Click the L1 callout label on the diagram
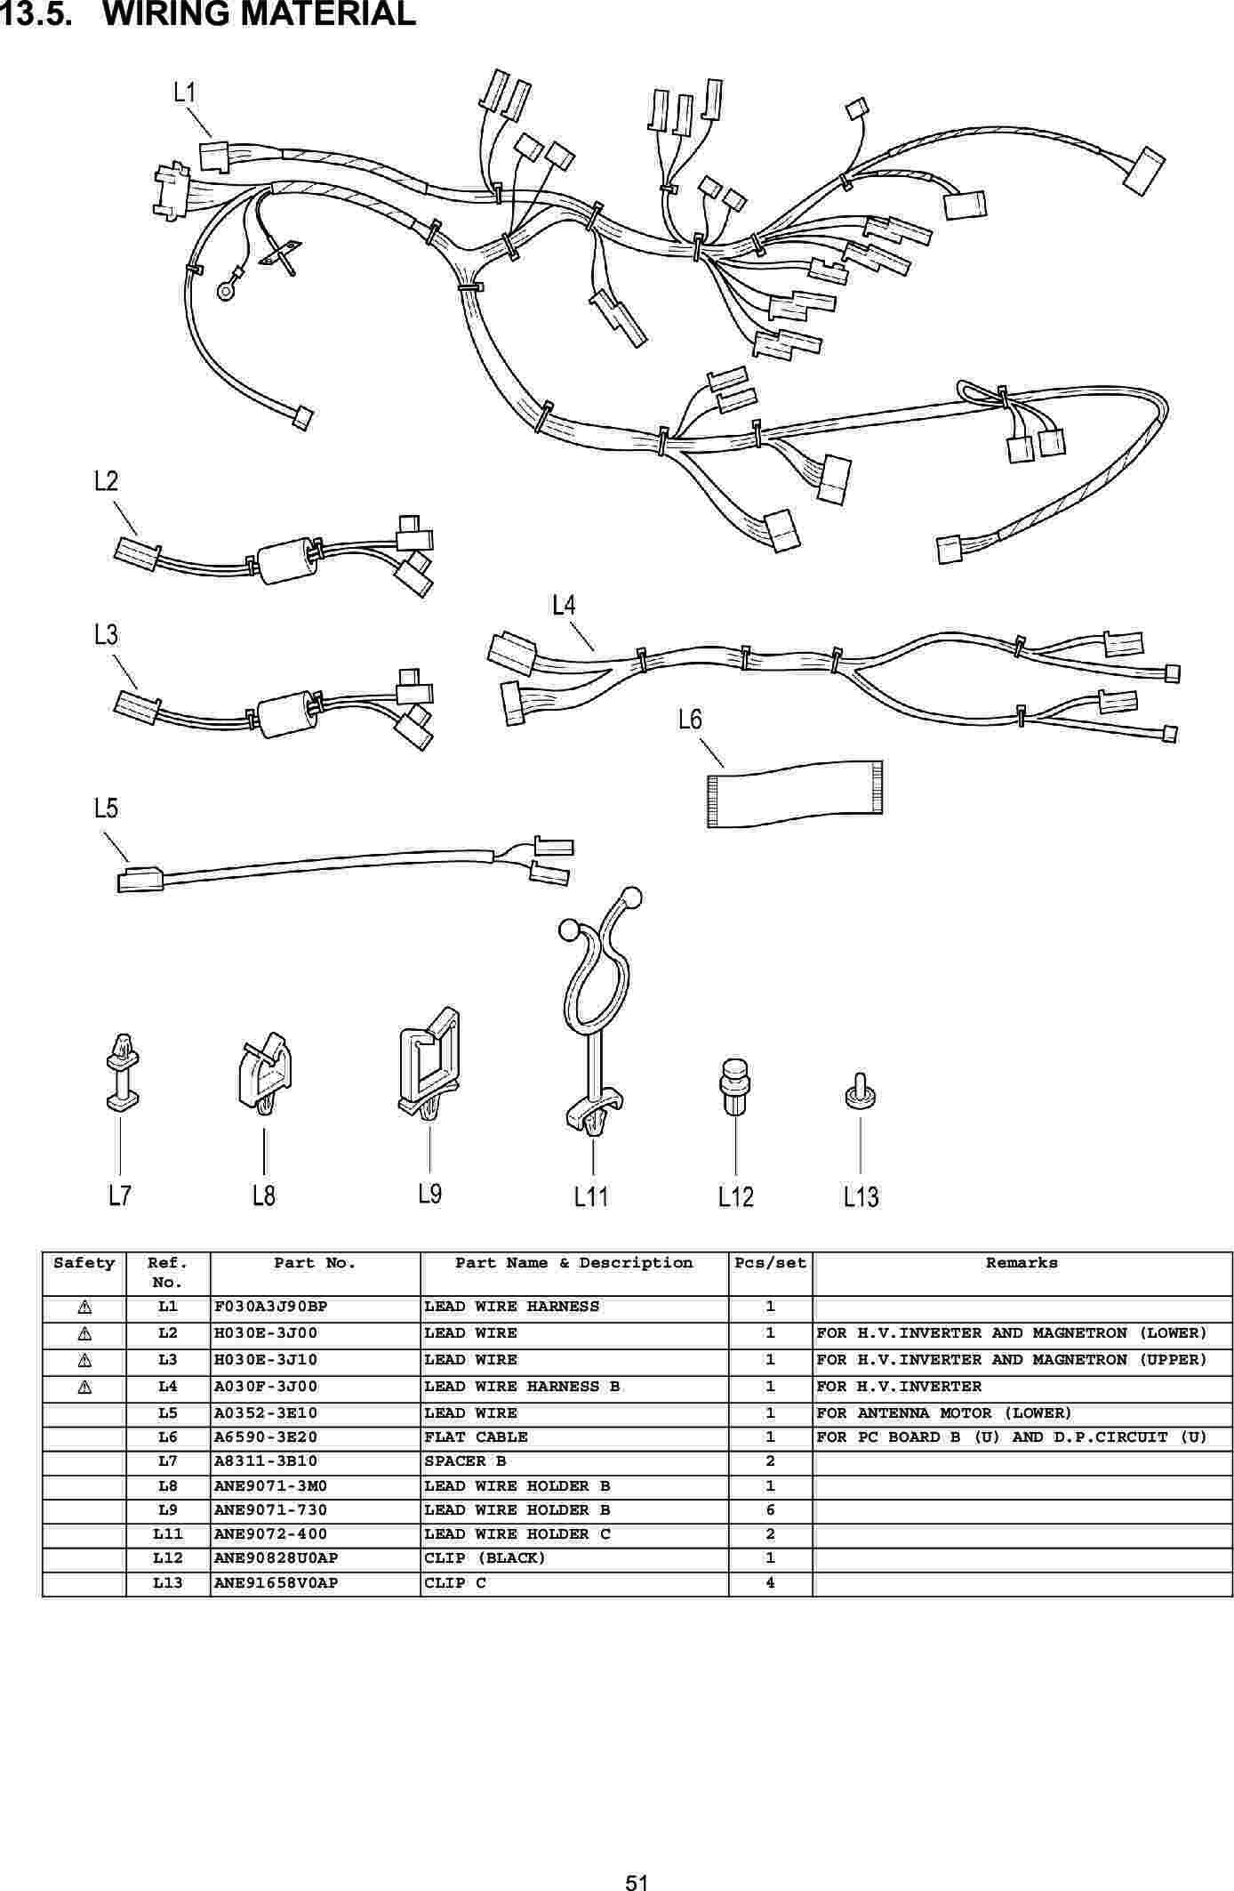tap(185, 93)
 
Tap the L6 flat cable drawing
tap(795, 793)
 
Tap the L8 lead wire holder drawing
tap(264, 1077)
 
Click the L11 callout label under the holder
tap(591, 1197)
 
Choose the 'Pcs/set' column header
tap(770, 1263)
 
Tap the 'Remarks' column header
tap(1022, 1263)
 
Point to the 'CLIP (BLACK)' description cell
tap(485, 1557)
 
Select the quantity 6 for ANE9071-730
tap(770, 1509)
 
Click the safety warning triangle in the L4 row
tap(84, 1387)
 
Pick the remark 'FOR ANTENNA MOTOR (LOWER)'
tap(944, 1413)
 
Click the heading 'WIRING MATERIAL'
tap(260, 14)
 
